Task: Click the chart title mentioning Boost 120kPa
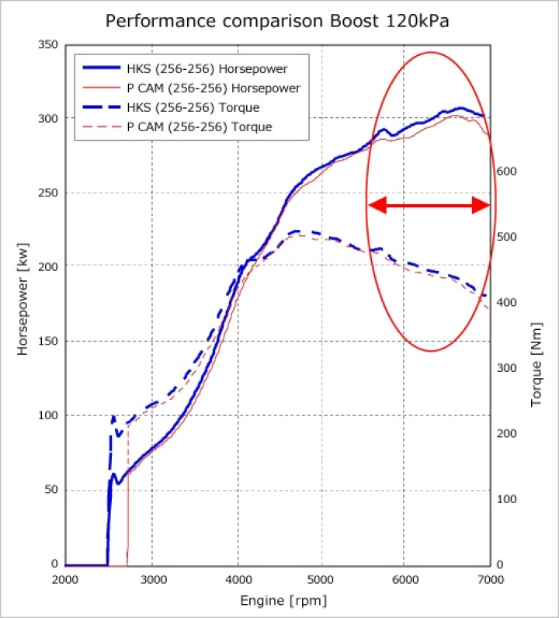pos(277,21)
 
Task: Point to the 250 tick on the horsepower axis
pos(48,193)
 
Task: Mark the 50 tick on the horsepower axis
pos(50,491)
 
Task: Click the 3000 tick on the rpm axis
pos(151,580)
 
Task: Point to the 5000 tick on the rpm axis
pos(321,580)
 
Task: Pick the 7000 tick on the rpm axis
pos(490,580)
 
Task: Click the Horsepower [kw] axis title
pos(23,306)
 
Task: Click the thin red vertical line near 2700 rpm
pos(127,505)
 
